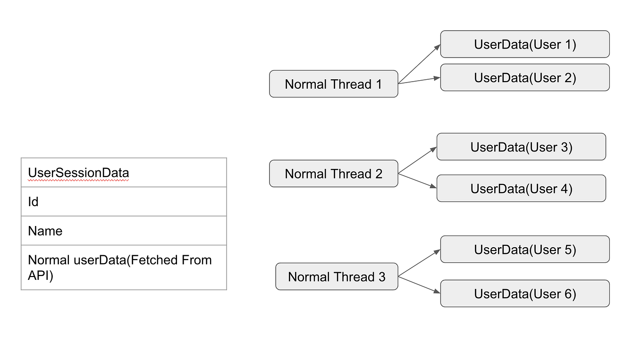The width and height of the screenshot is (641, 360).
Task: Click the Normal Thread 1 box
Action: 333,84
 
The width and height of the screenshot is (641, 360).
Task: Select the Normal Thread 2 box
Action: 333,174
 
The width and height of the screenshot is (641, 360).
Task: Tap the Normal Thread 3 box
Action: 337,276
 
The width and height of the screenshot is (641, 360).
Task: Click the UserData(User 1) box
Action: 525,44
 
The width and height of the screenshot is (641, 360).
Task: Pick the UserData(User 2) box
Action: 525,77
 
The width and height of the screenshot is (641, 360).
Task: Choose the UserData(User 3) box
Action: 521,147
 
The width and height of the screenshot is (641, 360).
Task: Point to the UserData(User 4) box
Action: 521,189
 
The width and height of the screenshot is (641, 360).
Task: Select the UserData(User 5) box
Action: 525,249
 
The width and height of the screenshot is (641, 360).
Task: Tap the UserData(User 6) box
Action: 525,293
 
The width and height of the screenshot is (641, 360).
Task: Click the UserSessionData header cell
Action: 124,173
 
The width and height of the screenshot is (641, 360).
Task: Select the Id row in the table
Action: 124,202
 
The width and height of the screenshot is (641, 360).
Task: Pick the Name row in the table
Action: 124,231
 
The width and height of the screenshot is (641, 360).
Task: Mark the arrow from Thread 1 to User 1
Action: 419,64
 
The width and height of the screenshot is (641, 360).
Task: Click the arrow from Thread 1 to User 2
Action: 419,81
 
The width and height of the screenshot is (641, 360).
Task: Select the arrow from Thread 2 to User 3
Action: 417,160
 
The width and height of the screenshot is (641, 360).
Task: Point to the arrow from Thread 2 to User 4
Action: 417,181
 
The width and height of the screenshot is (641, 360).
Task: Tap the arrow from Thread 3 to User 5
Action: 419,263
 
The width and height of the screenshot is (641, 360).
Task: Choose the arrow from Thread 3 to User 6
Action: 419,285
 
